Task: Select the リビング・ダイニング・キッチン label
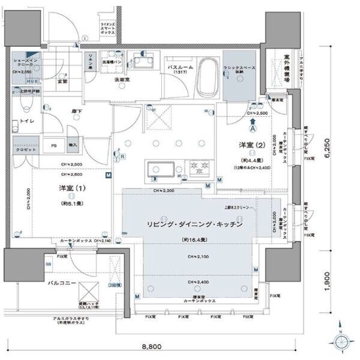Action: coord(195,224)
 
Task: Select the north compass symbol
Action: coord(341,341)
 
